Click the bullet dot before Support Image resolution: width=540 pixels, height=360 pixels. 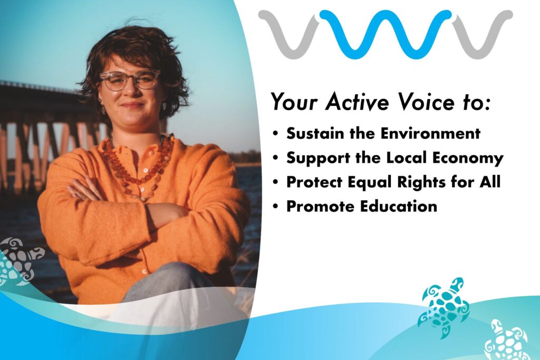tap(275, 158)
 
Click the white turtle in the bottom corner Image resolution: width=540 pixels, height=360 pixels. tap(506, 340)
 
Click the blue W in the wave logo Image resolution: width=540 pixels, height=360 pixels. tap(385, 34)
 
